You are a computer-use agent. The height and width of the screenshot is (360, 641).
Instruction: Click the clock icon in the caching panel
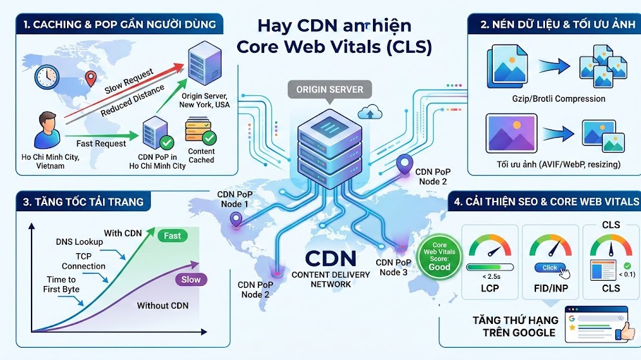pos(47,77)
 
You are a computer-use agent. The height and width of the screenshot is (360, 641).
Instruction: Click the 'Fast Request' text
pos(101,143)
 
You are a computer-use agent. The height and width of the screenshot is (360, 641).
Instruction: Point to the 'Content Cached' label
pos(201,155)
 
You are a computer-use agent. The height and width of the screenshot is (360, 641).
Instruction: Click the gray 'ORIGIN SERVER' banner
pos(329,90)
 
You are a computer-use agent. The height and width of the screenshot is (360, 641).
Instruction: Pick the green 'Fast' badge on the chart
pos(173,236)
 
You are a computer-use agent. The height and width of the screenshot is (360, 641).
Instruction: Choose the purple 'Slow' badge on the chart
pos(191,279)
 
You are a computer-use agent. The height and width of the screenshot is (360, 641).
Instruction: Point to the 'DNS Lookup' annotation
pos(78,242)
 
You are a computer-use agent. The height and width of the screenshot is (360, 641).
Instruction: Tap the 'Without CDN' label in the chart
pos(162,305)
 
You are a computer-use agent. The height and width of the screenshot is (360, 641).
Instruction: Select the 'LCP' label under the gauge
pos(490,288)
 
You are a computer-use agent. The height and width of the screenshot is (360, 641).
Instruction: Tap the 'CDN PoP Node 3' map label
pos(394,267)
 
